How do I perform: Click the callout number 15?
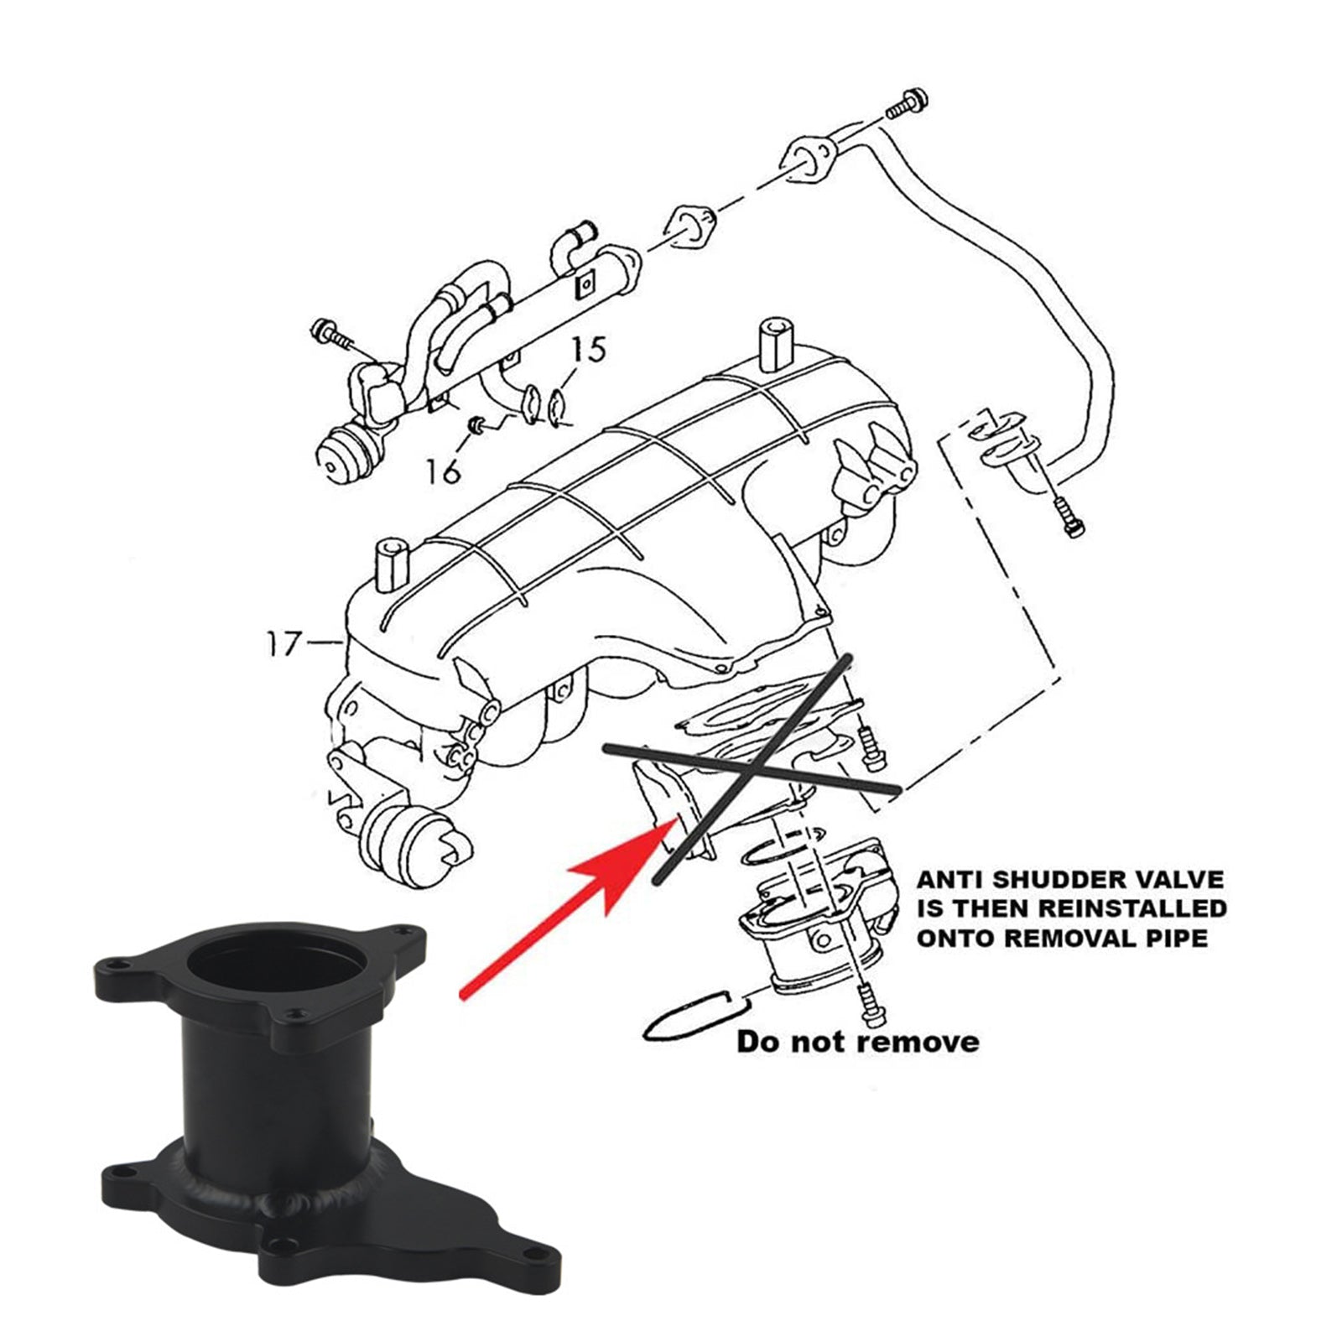click(590, 349)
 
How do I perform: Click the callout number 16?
click(442, 471)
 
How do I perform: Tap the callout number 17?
click(283, 644)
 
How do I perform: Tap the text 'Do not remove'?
click(857, 1042)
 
